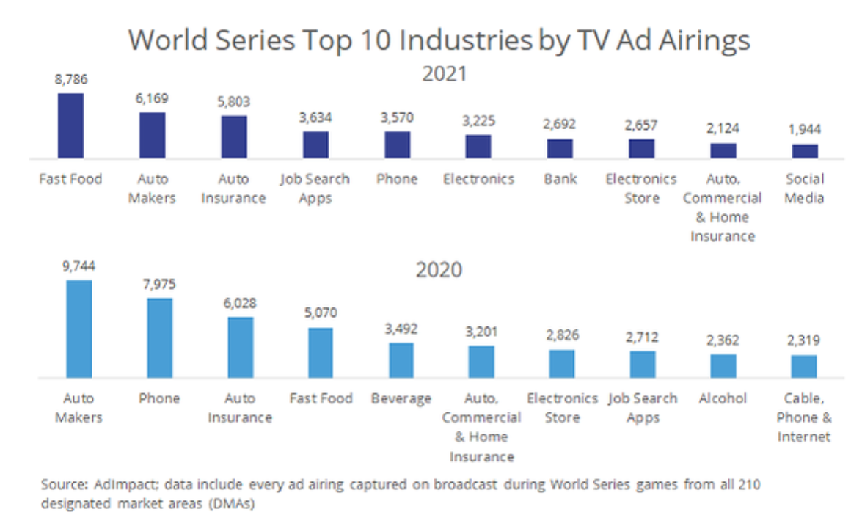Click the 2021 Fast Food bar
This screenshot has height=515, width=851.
(70, 125)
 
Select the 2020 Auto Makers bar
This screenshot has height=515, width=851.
(78, 329)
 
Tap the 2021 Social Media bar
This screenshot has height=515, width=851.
(805, 151)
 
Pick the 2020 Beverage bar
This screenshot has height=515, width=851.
(401, 360)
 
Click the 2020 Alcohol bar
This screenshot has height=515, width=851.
(723, 365)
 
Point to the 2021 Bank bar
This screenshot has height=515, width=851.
(560, 148)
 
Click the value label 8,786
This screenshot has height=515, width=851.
(71, 79)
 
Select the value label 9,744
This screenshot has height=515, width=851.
(78, 266)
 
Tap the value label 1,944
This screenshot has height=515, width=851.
(805, 130)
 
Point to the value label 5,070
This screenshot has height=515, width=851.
(321, 313)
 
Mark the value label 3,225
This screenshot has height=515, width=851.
(478, 120)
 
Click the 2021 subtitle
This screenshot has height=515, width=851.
(439, 74)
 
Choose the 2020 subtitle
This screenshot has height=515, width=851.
(439, 269)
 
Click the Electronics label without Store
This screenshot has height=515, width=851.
(478, 179)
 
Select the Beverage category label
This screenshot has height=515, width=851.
(401, 398)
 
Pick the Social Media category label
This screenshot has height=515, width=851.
(805, 189)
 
